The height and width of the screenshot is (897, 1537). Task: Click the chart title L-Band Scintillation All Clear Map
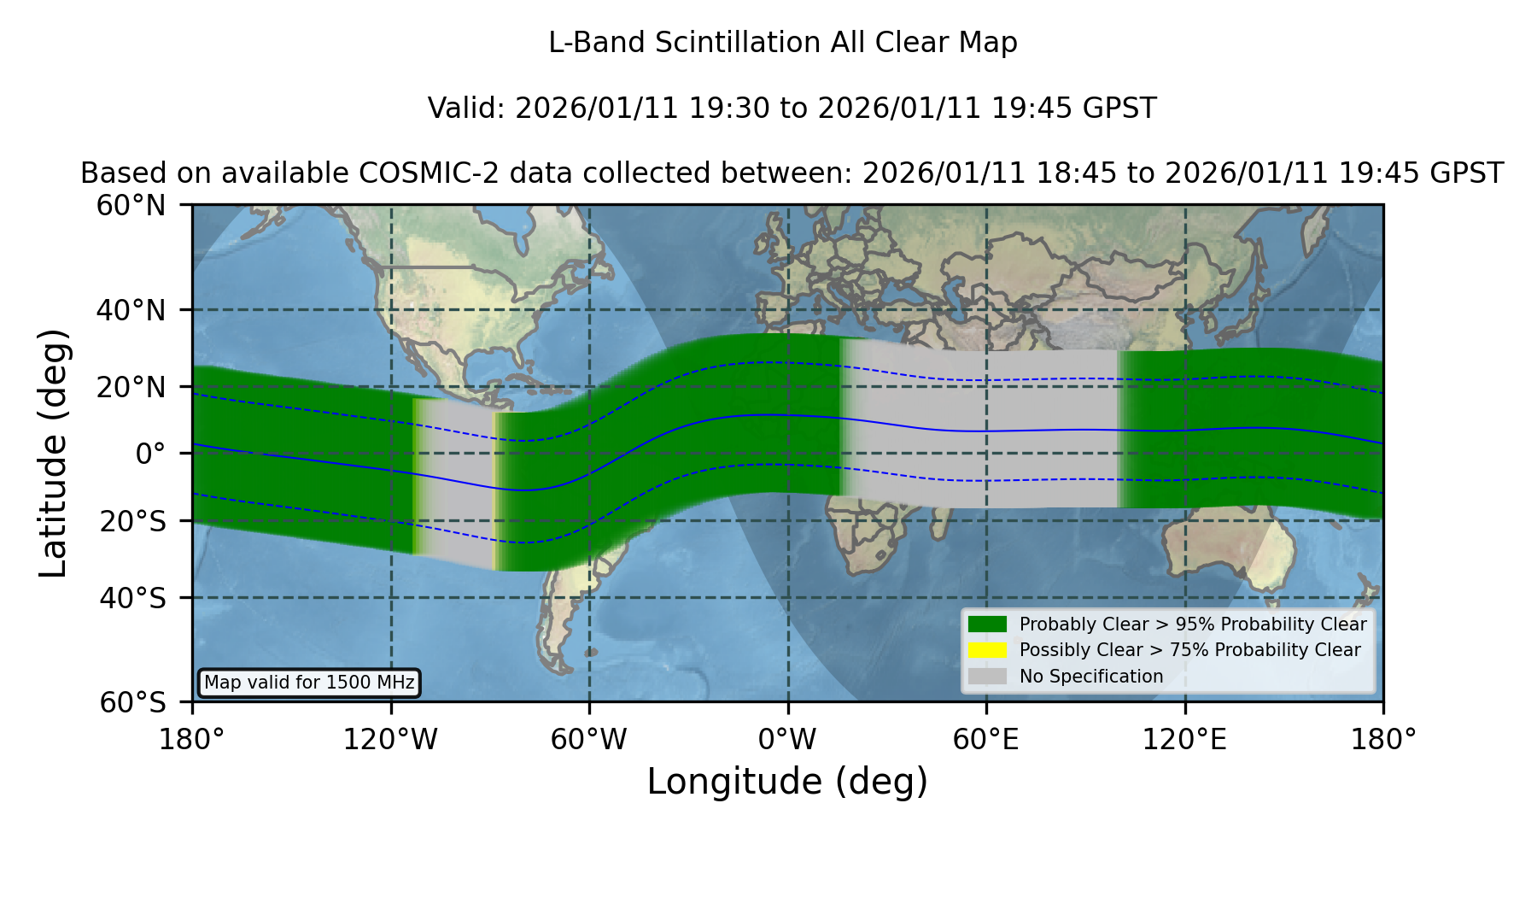(x=782, y=43)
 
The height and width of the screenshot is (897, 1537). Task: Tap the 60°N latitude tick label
(x=131, y=206)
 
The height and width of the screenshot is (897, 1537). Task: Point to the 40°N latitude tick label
(x=131, y=310)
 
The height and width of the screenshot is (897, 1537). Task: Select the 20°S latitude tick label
(x=133, y=521)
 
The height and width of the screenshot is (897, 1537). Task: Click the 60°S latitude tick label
(x=133, y=702)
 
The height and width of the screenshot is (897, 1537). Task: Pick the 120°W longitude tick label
(x=390, y=740)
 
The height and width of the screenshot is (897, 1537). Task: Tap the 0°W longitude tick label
(x=787, y=740)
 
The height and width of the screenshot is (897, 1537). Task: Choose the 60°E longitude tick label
(x=986, y=740)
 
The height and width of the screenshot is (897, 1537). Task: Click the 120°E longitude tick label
(x=1184, y=740)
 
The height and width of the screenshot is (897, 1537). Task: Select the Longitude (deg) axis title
(x=787, y=782)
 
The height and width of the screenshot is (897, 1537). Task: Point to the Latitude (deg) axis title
(x=53, y=453)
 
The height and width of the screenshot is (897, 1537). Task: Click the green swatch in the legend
(x=988, y=624)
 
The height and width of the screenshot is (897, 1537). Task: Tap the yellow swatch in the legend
(x=988, y=650)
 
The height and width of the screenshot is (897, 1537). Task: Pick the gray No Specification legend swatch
(x=988, y=677)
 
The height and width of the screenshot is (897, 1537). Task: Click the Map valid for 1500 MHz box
(x=309, y=683)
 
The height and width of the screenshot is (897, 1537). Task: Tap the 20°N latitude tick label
(x=131, y=387)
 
